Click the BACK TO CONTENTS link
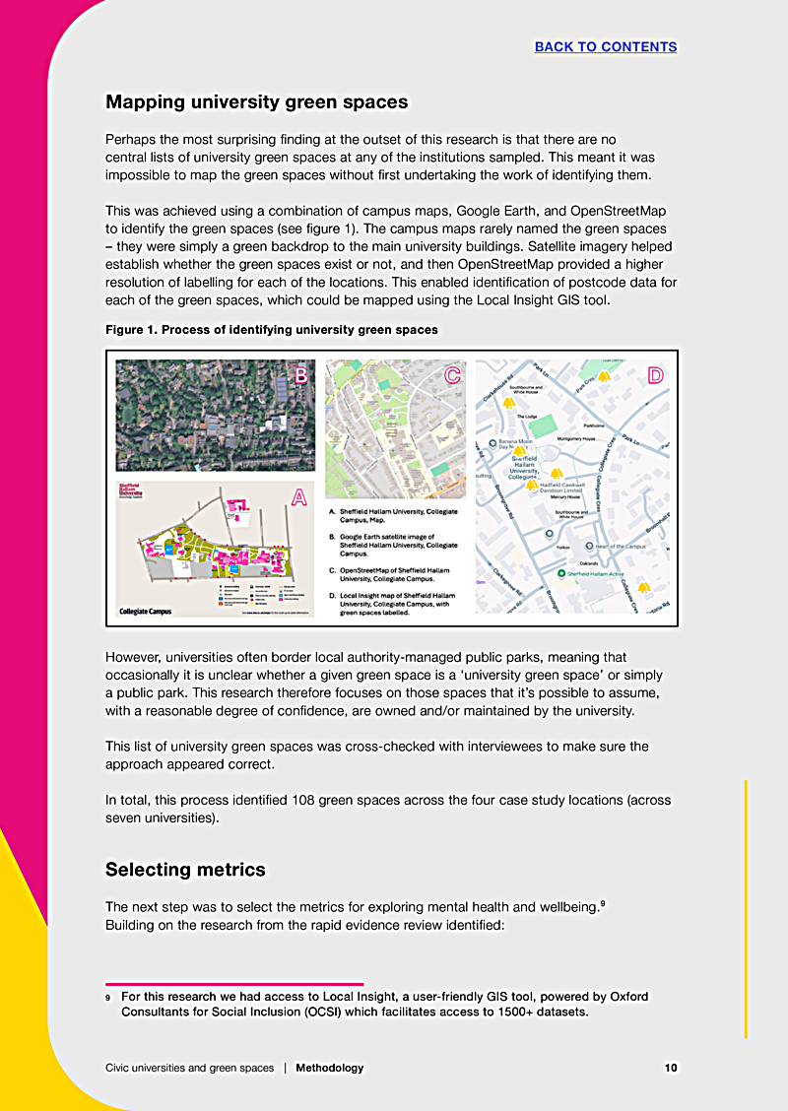click(606, 46)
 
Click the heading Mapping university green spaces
click(256, 101)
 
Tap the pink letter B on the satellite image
click(301, 375)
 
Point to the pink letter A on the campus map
click(299, 498)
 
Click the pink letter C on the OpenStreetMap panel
click(452, 375)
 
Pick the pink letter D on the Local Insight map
click(655, 375)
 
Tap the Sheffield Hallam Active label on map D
click(596, 572)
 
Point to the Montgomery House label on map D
click(576, 438)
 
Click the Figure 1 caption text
click(272, 329)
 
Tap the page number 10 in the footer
click(671, 1068)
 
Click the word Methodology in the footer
click(329, 1068)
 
